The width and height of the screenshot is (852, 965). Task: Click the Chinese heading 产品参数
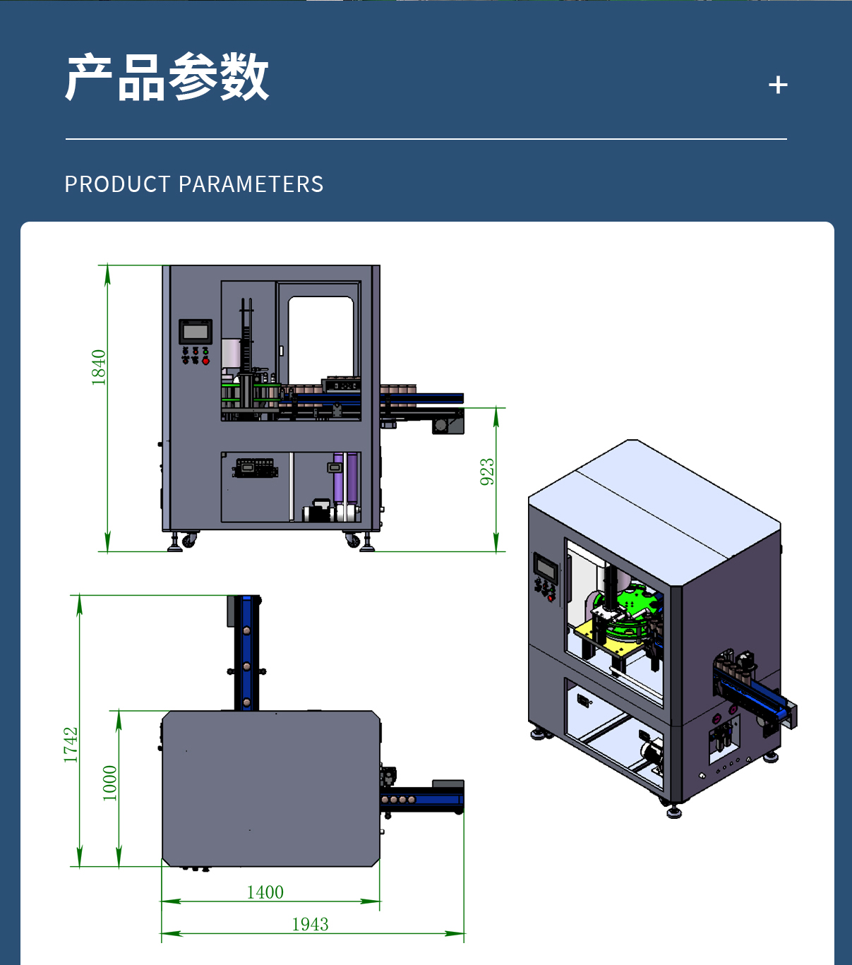click(x=167, y=77)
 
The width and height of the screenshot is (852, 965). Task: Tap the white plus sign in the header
click(x=778, y=85)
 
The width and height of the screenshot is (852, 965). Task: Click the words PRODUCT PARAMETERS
click(x=194, y=184)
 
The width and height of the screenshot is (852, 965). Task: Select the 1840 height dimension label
click(x=99, y=367)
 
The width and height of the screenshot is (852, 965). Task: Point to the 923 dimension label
click(x=487, y=472)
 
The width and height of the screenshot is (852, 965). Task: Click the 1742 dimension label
click(x=71, y=744)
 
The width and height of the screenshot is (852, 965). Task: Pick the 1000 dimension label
click(x=110, y=783)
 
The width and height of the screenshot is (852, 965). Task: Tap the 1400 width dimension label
click(x=265, y=892)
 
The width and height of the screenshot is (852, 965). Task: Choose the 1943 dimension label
click(x=310, y=924)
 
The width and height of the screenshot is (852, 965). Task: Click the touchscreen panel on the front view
click(x=196, y=331)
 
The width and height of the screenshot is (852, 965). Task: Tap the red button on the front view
click(x=205, y=361)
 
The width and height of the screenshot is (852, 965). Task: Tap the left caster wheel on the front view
click(x=188, y=541)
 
